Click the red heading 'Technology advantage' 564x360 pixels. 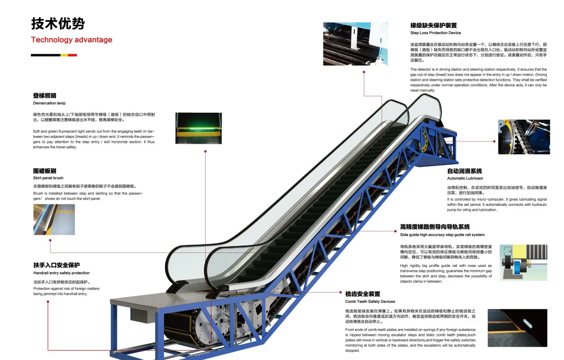pos(72,40)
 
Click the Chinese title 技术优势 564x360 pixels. pos(57,23)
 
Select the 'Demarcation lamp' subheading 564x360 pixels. pos(49,103)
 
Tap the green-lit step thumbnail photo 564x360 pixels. pos(198,128)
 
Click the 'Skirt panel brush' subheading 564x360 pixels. pos(48,178)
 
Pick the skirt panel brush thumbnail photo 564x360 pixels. pos(54,219)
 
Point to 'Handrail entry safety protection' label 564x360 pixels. pos(62,273)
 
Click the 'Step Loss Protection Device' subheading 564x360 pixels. pos(435,33)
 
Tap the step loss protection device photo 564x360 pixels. pos(355,44)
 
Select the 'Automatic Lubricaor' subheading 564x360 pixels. pos(465,178)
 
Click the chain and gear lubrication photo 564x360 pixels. pos(523,137)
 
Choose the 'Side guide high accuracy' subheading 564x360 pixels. pos(442,235)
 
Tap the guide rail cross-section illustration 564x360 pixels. pos(523,262)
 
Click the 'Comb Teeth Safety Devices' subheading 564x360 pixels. pos(370,302)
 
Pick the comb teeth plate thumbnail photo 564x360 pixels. pos(517,328)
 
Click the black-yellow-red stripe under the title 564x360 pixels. pos(54,55)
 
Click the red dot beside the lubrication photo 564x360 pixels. pos(494,141)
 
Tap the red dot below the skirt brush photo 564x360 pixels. pos(50,240)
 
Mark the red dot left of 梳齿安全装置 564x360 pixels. pos(340,292)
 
